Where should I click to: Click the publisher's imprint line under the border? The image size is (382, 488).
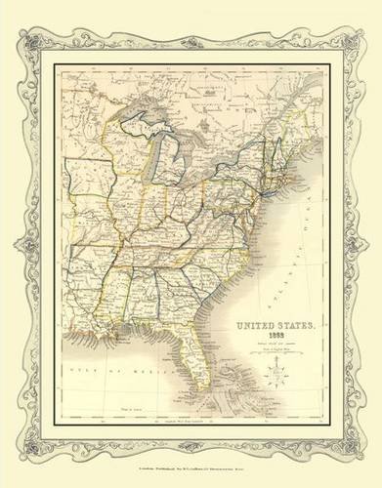[x=191, y=470]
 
